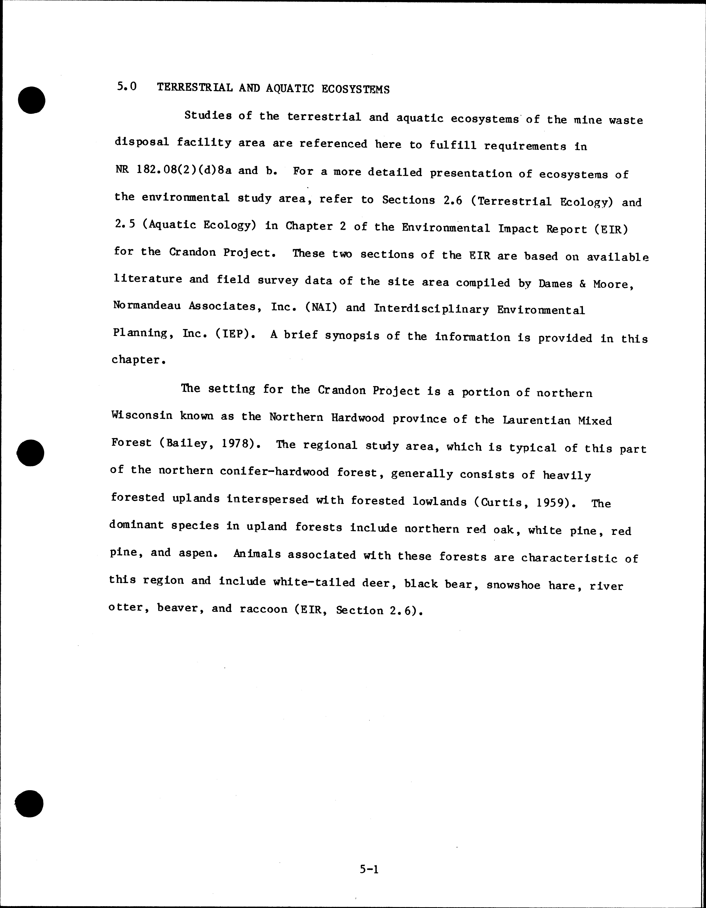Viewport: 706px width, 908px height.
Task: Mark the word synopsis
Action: click(x=352, y=336)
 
